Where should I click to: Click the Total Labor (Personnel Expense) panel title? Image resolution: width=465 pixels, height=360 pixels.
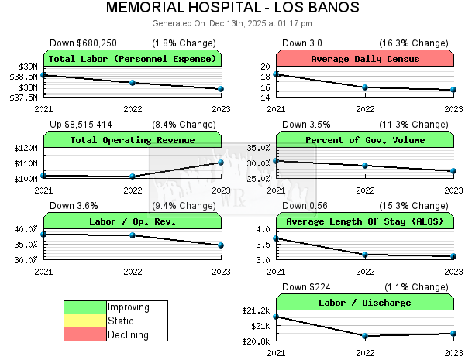133,59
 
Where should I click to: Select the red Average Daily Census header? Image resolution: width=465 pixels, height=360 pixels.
365,59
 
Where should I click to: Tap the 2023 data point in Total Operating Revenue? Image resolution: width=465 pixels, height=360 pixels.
221,162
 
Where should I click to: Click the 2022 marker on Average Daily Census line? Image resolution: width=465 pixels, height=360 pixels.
365,87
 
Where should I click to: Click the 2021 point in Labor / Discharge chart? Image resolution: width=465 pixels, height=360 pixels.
276,317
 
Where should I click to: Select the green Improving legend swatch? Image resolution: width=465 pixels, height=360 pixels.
84,307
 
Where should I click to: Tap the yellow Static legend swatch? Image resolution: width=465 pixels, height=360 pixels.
84,321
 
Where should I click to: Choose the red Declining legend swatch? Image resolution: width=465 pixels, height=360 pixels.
84,334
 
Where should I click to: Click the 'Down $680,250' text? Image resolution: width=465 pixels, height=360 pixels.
83,43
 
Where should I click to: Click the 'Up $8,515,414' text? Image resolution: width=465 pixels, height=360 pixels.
81,124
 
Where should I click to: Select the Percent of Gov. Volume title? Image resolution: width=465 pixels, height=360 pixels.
365,140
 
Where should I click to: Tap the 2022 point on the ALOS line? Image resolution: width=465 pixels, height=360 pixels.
365,255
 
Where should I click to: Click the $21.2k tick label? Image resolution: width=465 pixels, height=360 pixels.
256,310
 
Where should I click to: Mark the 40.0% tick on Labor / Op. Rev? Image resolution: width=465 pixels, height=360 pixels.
24,229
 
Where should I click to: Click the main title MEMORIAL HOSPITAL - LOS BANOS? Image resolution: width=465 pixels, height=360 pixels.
232,9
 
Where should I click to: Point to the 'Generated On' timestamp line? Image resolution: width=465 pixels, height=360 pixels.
232,23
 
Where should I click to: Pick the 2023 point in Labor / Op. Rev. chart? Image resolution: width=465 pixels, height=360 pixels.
221,245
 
